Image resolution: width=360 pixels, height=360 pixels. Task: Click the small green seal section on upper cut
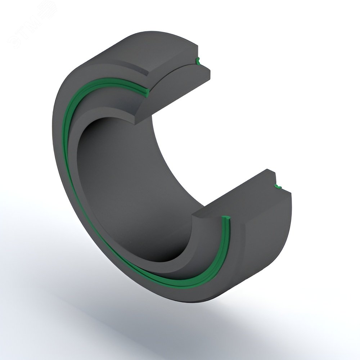click(x=197, y=60)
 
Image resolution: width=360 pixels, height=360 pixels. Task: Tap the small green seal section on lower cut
click(x=278, y=186)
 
